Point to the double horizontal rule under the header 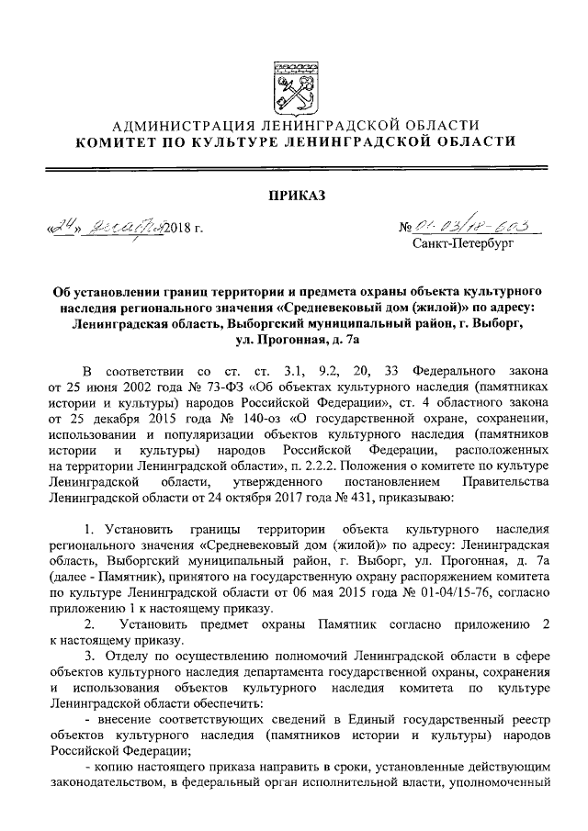click(x=294, y=168)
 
